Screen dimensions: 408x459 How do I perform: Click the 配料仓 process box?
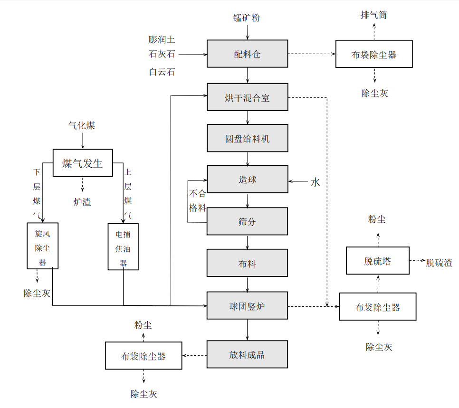coord(247,54)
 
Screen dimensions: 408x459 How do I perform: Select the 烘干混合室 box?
coord(247,97)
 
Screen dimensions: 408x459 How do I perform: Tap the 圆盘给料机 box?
coord(247,138)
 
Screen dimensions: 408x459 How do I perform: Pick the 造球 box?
coord(247,179)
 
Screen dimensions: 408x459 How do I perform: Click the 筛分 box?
coord(247,221)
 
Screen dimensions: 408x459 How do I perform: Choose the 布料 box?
coord(247,263)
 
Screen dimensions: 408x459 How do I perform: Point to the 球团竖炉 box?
coord(247,306)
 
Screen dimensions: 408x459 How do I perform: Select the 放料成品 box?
coord(247,354)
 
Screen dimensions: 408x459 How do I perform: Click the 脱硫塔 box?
coord(377,260)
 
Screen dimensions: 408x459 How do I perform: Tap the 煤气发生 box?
coord(83,163)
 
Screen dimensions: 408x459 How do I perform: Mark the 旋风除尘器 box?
coord(43,246)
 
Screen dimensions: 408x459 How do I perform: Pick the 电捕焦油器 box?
coord(123,247)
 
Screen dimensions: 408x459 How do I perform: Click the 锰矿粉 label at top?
coord(247,18)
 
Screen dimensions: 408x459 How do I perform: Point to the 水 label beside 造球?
coord(316,182)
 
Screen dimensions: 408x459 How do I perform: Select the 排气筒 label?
coord(373,15)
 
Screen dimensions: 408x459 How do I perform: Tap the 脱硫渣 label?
coord(439,262)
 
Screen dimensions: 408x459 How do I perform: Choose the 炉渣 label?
coord(82,202)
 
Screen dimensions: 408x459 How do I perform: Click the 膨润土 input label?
coord(162,39)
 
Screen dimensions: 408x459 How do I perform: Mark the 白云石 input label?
coord(162,72)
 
